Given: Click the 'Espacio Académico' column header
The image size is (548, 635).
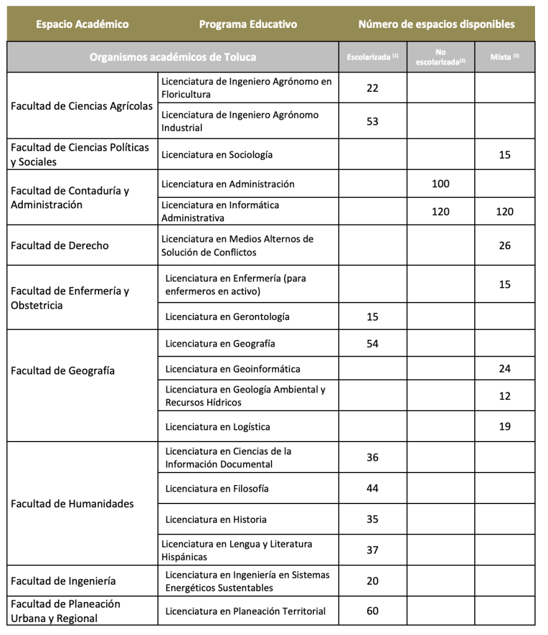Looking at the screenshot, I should click(82, 25).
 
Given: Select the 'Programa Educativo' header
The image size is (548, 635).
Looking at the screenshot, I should click(248, 25).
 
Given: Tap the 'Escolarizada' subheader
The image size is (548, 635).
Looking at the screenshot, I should click(372, 57).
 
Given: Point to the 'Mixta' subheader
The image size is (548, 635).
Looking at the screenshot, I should click(505, 57).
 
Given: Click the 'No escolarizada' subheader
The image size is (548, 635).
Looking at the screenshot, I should click(441, 57).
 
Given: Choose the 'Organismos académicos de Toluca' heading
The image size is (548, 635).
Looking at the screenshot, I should click(173, 57).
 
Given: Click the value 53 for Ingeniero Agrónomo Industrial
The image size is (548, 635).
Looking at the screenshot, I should click(373, 122).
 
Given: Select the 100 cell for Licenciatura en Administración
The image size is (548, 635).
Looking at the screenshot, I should click(441, 184).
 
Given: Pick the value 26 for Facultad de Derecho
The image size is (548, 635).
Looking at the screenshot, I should click(505, 246).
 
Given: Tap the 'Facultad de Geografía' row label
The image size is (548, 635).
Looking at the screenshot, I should click(63, 371).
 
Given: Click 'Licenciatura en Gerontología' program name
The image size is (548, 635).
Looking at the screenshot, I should click(228, 317).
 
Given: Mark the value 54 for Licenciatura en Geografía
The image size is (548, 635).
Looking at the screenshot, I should click(373, 344).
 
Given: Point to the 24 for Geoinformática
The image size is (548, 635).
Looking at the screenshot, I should click(505, 369).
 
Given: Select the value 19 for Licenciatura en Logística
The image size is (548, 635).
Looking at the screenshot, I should click(505, 427).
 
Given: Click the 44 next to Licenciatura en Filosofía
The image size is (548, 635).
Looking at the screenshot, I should click(373, 489).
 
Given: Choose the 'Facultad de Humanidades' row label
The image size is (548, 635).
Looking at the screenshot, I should click(72, 504).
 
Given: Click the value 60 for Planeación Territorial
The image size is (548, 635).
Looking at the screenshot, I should click(373, 611).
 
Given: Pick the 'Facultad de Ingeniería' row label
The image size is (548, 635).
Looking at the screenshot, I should click(63, 581).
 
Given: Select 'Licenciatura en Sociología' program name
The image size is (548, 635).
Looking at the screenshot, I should click(217, 154).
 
